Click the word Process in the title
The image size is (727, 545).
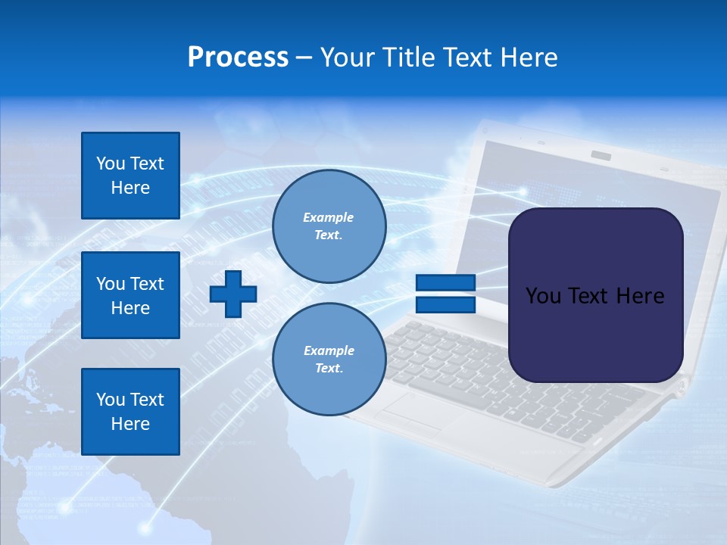point(238,58)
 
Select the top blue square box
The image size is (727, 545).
point(130,176)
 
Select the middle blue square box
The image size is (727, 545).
point(130,295)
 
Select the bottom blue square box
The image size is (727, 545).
point(130,412)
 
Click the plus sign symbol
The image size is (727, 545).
point(233,294)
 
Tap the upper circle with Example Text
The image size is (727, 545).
point(329,226)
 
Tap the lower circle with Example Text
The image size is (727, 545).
point(329,360)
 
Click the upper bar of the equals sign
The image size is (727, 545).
point(445,283)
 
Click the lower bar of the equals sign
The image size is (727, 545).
point(445,304)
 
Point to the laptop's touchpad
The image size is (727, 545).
point(413,413)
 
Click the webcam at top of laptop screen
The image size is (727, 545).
point(601,155)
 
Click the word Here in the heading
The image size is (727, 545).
point(528,58)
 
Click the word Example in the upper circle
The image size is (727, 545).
point(329,217)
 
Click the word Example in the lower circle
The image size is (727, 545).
point(329,350)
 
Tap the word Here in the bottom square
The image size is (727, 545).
point(130,424)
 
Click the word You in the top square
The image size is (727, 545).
point(109,163)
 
